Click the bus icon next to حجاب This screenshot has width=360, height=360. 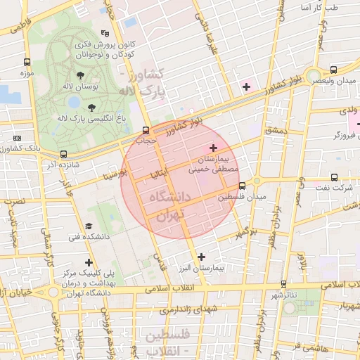(146, 130)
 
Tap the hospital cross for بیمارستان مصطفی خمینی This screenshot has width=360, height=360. (214, 148)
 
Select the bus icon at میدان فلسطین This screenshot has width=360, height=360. (243, 186)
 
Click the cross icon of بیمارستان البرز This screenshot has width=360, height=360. (202, 257)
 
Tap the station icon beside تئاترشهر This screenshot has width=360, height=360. (283, 284)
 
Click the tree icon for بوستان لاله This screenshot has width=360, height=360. (79, 75)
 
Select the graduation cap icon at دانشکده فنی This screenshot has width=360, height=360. (89, 226)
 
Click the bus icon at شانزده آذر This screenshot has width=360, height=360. (64, 154)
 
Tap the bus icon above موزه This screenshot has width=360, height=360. (27, 62)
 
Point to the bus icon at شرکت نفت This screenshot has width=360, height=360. (334, 178)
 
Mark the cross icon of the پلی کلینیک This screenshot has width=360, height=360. (89, 263)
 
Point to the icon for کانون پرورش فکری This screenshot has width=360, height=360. (105, 33)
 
